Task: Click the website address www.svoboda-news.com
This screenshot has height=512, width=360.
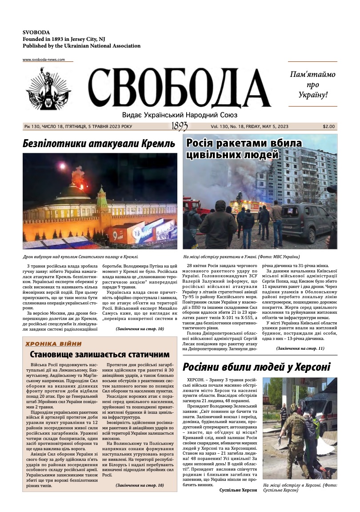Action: click(44, 60)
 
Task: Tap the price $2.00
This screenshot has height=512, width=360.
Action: click(329, 127)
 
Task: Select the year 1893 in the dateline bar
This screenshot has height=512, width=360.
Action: click(179, 127)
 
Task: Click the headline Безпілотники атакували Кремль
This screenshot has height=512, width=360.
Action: click(99, 144)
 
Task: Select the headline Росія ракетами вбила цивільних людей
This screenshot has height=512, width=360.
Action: click(244, 149)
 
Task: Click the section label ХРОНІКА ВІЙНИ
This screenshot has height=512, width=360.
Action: click(54, 344)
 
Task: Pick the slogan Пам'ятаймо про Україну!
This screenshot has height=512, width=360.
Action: click(312, 84)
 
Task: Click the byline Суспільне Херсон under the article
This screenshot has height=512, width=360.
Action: click(238, 490)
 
